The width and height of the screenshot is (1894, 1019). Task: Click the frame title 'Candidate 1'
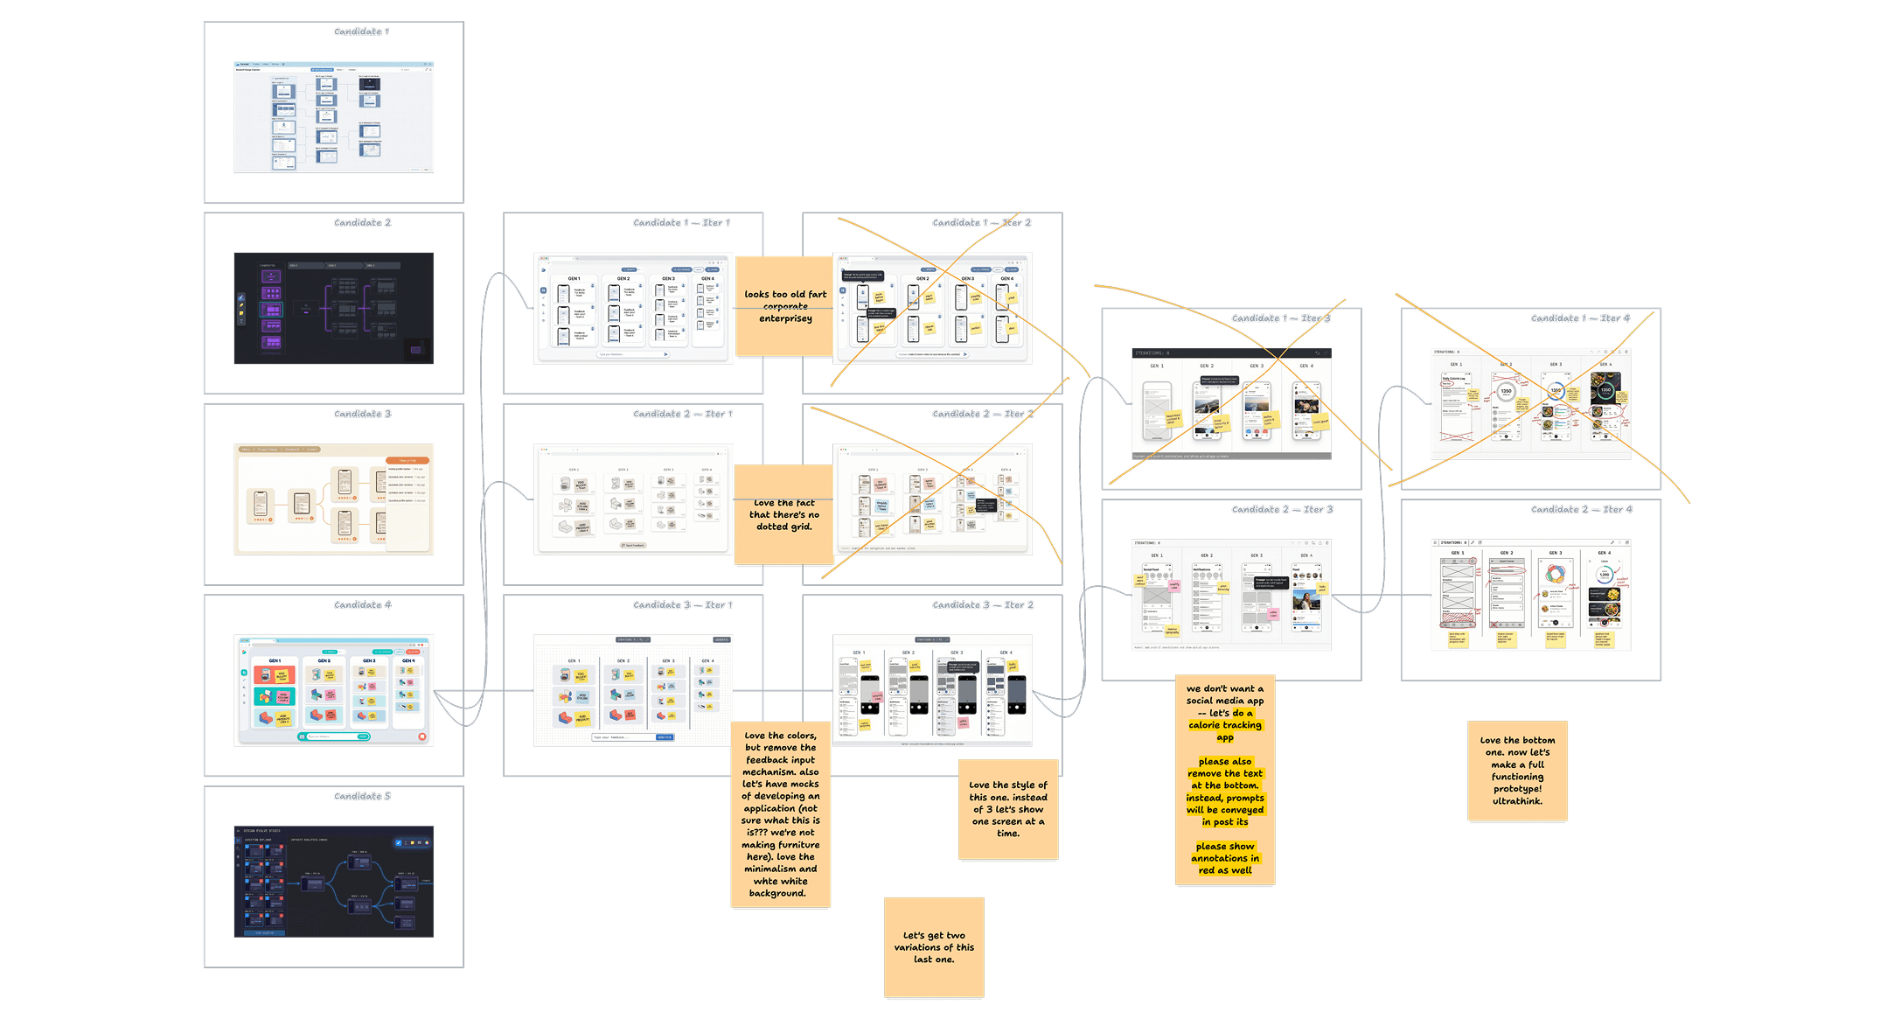pyautogui.click(x=361, y=31)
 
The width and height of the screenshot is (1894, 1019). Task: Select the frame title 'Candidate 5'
pyautogui.click(x=362, y=796)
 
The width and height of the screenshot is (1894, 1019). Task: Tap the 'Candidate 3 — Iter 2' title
pyautogui.click(x=983, y=605)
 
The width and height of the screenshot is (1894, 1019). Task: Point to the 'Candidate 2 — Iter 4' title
pyautogui.click(x=1581, y=509)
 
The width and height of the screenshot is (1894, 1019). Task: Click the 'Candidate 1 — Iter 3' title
pyautogui.click(x=1281, y=318)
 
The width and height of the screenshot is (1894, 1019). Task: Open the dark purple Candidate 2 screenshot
pyautogui.click(x=334, y=308)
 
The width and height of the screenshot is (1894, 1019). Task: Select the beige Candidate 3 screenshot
pyautogui.click(x=334, y=499)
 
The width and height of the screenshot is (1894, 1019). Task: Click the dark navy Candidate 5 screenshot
pyautogui.click(x=334, y=881)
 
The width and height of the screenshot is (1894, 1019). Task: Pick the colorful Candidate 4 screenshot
pyautogui.click(x=334, y=690)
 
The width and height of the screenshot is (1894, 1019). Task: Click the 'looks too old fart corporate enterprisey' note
pyautogui.click(x=784, y=306)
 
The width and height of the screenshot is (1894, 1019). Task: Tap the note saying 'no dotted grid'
pyautogui.click(x=783, y=514)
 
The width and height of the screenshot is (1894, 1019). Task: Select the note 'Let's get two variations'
pyautogui.click(x=934, y=947)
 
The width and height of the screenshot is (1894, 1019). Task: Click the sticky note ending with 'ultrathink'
pyautogui.click(x=1517, y=771)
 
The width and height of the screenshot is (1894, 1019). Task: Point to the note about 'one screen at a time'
pyautogui.click(x=1007, y=809)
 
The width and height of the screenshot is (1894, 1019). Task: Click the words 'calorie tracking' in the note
pyautogui.click(x=1224, y=725)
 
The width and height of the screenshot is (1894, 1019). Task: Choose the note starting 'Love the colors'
pyautogui.click(x=780, y=813)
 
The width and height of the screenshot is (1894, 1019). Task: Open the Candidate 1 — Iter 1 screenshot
pyautogui.click(x=633, y=308)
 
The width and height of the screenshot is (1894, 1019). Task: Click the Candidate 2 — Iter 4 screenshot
pyautogui.click(x=1530, y=595)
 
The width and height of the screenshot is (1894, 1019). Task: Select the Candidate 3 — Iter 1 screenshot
pyautogui.click(x=633, y=690)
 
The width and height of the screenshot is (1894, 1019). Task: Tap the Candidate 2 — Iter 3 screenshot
pyautogui.click(x=1231, y=595)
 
